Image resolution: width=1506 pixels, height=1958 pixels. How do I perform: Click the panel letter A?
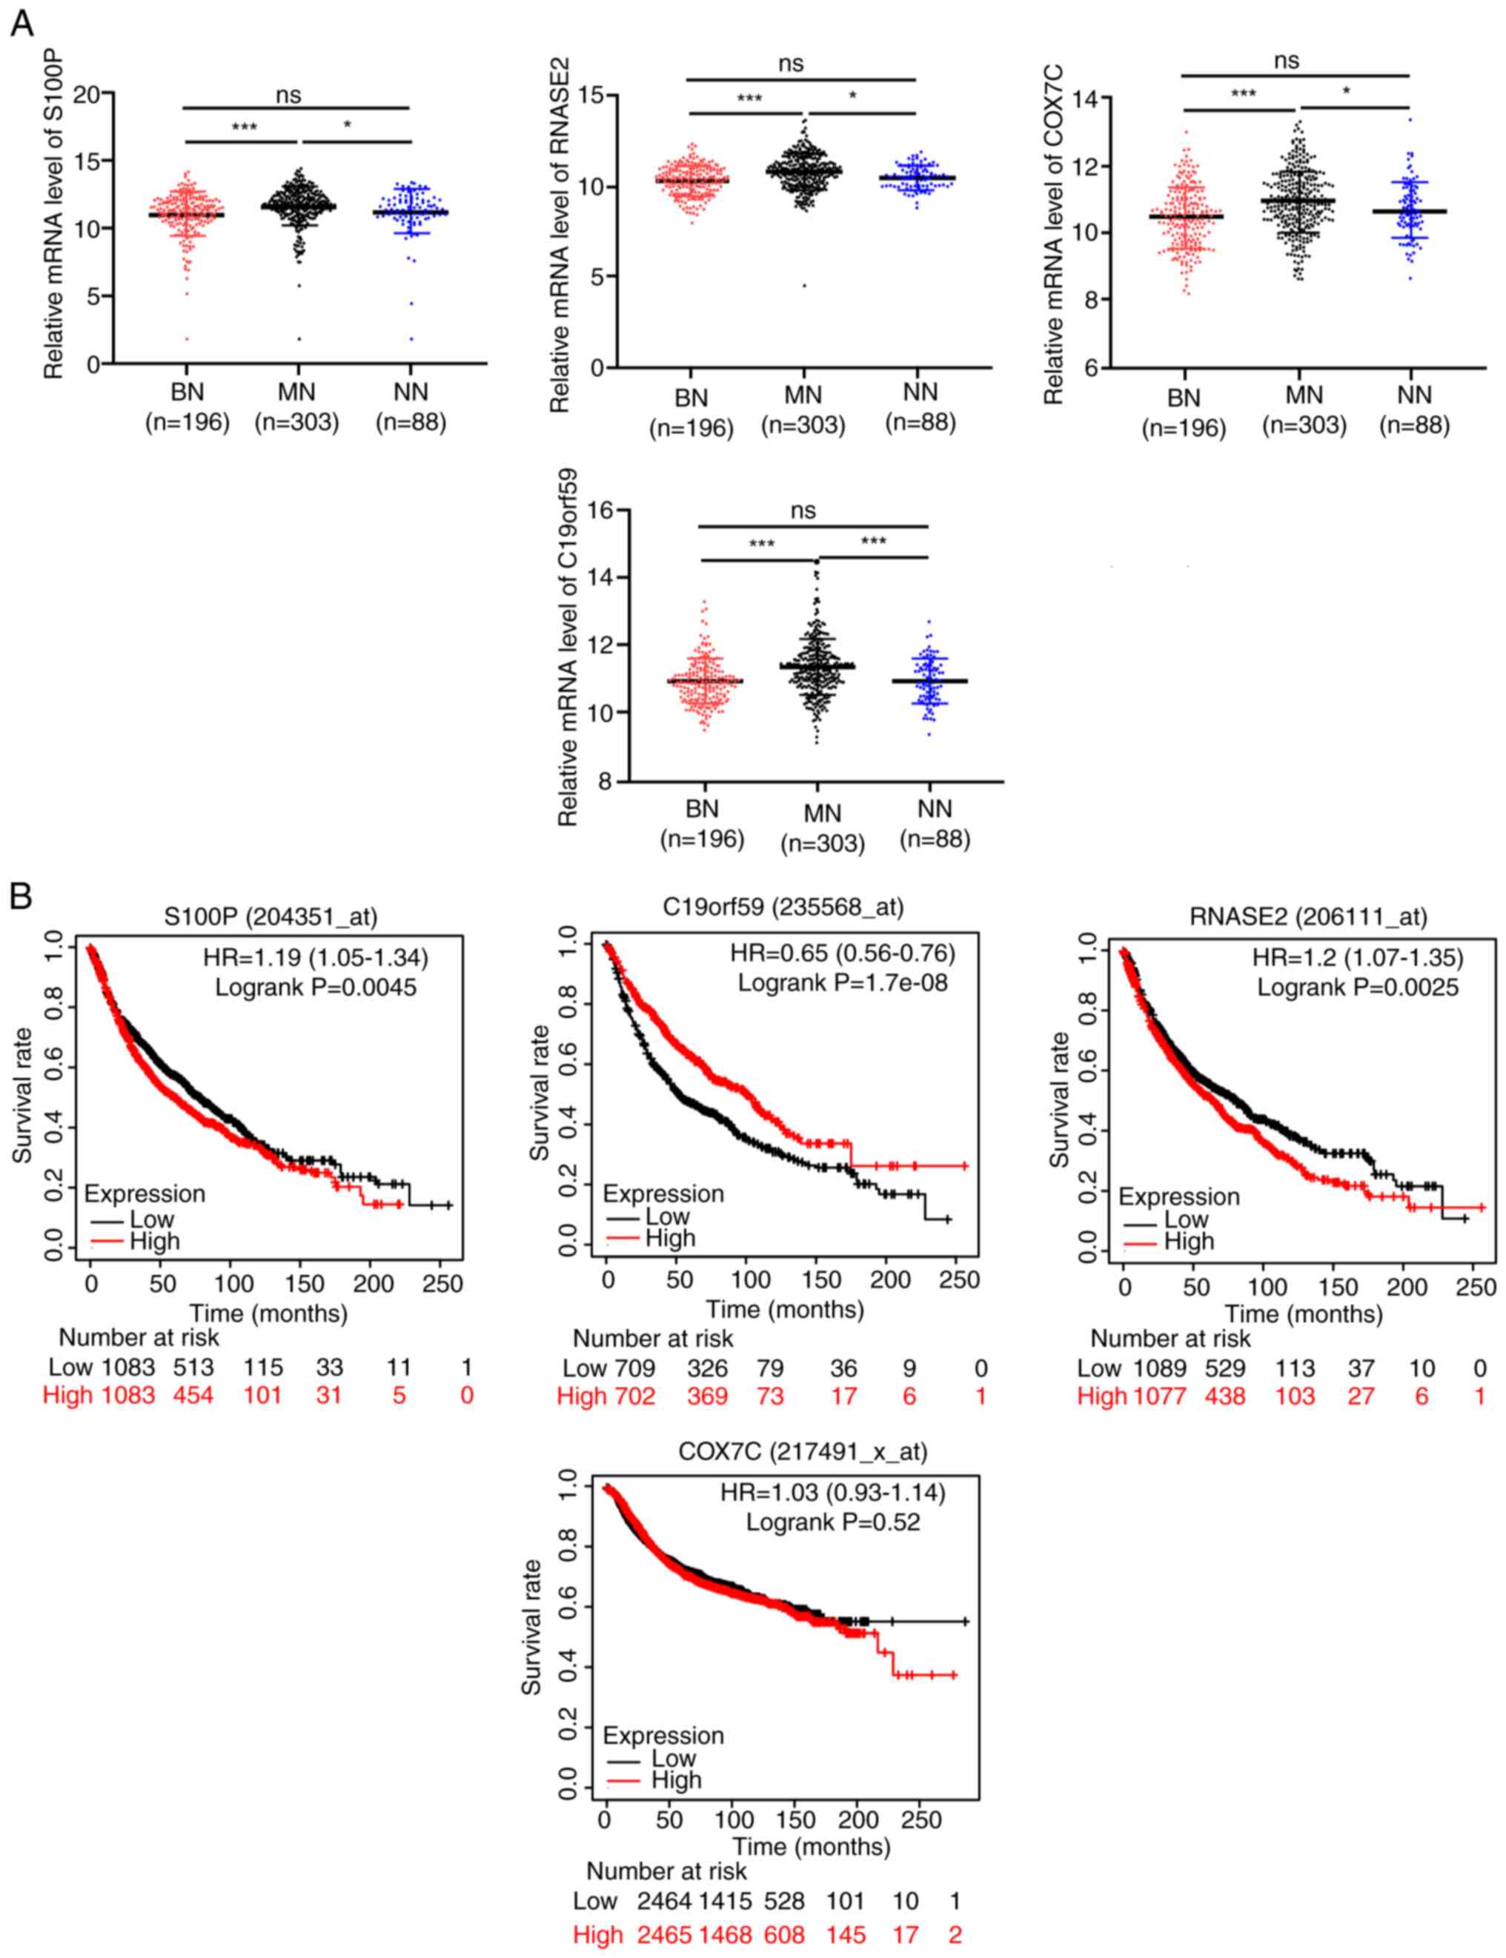tap(21, 24)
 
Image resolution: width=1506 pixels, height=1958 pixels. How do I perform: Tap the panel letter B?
tap(21, 896)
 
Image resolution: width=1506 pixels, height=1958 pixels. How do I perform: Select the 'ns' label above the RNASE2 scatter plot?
tap(791, 64)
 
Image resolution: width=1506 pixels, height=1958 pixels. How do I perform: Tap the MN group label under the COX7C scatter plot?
tap(1304, 395)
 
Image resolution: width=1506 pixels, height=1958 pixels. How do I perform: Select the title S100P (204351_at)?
tap(271, 916)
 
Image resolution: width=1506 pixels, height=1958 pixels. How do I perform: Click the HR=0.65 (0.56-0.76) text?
tap(842, 953)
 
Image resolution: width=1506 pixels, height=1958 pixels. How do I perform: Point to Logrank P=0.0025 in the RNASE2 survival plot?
tap(1357, 988)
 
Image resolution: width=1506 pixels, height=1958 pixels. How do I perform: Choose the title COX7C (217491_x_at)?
tap(803, 1452)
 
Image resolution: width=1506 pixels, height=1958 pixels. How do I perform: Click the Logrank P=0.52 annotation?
tap(833, 1522)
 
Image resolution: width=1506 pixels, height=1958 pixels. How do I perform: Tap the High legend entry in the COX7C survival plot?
tap(676, 1779)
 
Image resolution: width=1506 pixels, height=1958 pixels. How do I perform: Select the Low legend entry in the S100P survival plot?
tap(151, 1219)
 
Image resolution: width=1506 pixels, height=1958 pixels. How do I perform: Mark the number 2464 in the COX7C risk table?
tap(664, 1901)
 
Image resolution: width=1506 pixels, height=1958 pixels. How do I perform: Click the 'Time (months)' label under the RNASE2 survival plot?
tap(1304, 1313)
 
